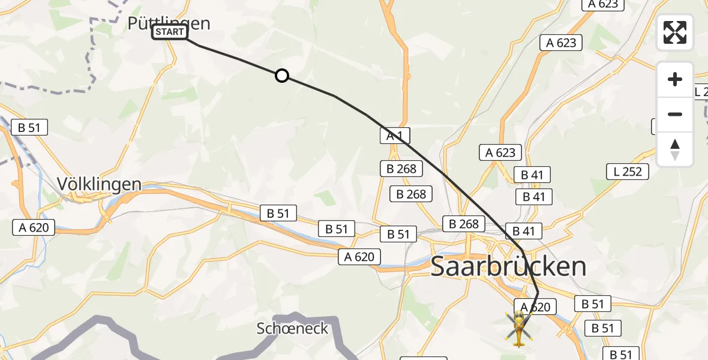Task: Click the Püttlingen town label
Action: pyautogui.click(x=169, y=23)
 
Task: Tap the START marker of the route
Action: pyautogui.click(x=170, y=32)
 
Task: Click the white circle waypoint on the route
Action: pyautogui.click(x=281, y=76)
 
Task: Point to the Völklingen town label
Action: pyautogui.click(x=99, y=184)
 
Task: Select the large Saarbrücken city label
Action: pyautogui.click(x=508, y=266)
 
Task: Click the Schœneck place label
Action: pyautogui.click(x=292, y=328)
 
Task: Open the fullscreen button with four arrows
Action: pyautogui.click(x=674, y=32)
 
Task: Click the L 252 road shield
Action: pyautogui.click(x=628, y=172)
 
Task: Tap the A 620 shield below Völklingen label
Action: pyautogui.click(x=34, y=227)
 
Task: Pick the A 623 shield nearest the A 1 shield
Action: pyautogui.click(x=500, y=152)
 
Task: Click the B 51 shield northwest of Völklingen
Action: pyautogui.click(x=29, y=127)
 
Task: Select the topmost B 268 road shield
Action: pyautogui.click(x=401, y=169)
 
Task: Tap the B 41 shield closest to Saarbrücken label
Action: pyautogui.click(x=523, y=231)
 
